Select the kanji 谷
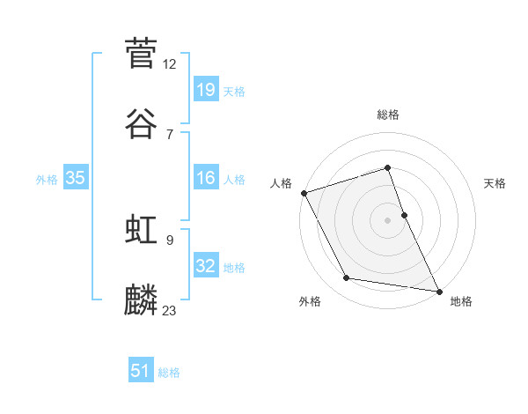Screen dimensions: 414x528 pos(141,124)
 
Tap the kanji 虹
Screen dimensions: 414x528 pos(141,230)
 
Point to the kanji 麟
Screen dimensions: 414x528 pos(141,300)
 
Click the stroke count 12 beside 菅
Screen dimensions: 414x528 pos(170,63)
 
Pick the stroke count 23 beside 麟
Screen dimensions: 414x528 pos(170,310)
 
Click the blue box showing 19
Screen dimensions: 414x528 pos(205,89)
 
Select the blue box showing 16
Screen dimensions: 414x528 pos(205,178)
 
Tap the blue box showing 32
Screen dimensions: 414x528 pos(205,265)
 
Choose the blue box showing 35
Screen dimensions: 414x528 pos(75,178)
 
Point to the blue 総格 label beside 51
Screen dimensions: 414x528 pos(169,373)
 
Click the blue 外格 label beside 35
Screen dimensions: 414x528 pos(47,180)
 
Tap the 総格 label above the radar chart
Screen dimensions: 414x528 pos(388,115)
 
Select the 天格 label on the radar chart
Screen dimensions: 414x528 pos(495,183)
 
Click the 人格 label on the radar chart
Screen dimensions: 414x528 pos(281,183)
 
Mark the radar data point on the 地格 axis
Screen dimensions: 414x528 pos(438,291)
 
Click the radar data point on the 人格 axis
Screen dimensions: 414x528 pos(304,193)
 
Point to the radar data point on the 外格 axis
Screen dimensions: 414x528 pos(346,278)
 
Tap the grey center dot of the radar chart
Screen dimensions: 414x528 pos(388,220)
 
